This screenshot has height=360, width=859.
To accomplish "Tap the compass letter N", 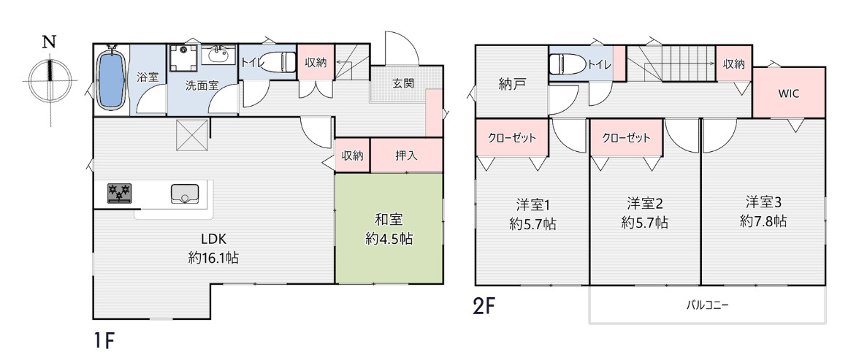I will click(50, 42).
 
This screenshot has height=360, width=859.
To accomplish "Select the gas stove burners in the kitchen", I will click(119, 193).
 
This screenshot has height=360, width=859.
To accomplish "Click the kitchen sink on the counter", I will click(185, 194).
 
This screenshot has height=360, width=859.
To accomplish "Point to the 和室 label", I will click(389, 220).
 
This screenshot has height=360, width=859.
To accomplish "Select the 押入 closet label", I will click(406, 155).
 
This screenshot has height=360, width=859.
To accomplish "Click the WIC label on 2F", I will click(789, 93).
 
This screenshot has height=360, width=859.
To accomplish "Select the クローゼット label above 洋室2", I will click(626, 137).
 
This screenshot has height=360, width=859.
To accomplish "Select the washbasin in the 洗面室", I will click(218, 55).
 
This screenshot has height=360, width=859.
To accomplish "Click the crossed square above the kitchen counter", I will click(189, 135).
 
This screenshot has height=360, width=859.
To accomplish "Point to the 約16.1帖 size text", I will click(213, 257).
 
